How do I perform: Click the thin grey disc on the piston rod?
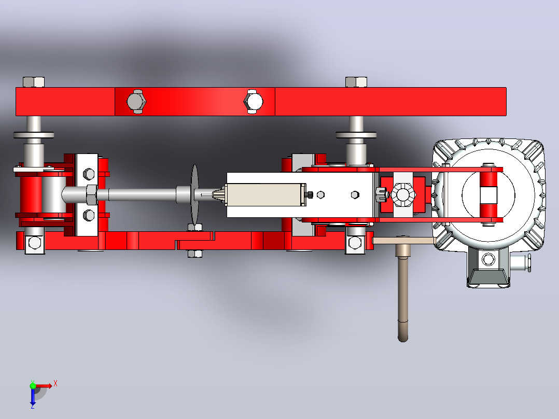coord(194,194)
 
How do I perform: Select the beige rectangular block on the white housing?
coord(265,194)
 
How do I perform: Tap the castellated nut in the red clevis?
coord(403,194)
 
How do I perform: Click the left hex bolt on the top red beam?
coord(136,102)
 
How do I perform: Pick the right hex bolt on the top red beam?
coord(253,102)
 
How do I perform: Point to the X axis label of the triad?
coord(55,384)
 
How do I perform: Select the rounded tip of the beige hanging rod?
coord(403,337)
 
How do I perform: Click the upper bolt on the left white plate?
coord(88,174)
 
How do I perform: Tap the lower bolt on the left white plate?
coord(88,215)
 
